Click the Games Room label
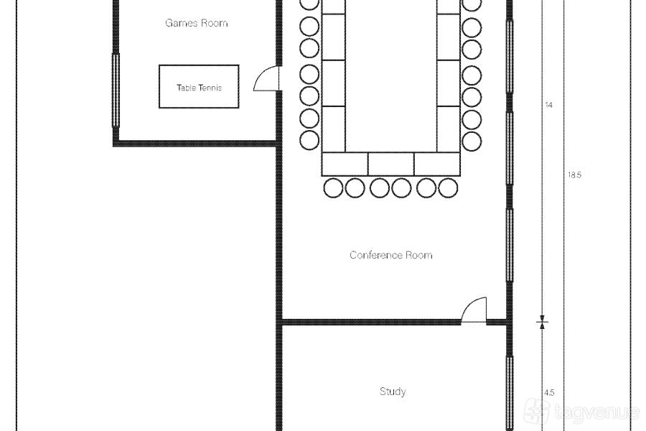(197, 23)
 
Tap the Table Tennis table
(199, 87)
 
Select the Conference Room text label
(391, 255)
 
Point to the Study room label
(393, 391)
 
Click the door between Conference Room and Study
(474, 310)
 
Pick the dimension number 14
(549, 105)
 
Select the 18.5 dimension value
(574, 175)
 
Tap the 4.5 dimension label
(549, 393)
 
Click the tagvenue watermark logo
(581, 411)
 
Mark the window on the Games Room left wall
(116, 90)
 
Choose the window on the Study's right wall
(510, 391)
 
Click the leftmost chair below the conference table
(333, 188)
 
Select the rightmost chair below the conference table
(448, 188)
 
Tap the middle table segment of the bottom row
(391, 164)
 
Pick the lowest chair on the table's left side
(309, 140)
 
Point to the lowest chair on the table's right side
(472, 141)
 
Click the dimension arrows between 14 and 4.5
(542, 322)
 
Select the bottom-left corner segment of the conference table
(345, 164)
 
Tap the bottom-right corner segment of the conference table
(437, 164)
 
